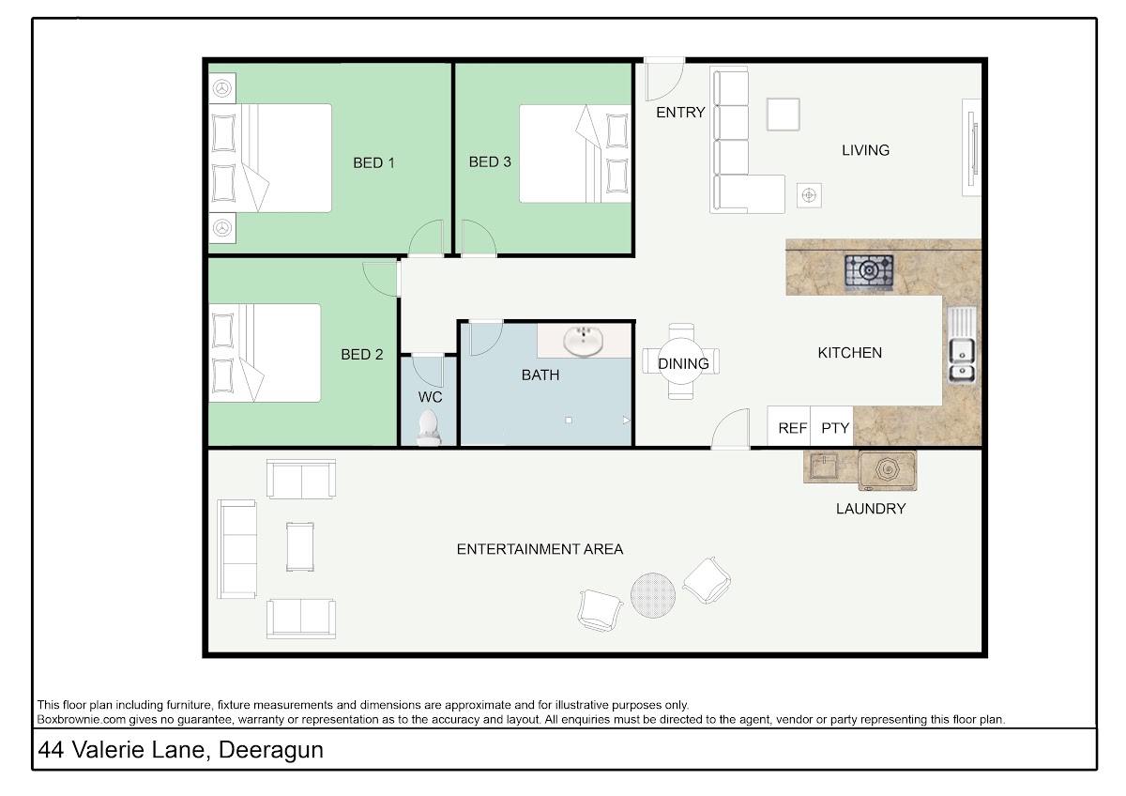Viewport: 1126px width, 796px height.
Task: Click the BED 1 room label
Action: pyautogui.click(x=373, y=163)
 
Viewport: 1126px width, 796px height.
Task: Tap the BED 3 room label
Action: pyautogui.click(x=490, y=161)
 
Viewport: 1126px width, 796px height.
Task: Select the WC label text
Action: pyautogui.click(x=430, y=397)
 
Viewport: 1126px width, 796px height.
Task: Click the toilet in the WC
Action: pyautogui.click(x=428, y=427)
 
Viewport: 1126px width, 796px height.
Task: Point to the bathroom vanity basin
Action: pyautogui.click(x=583, y=341)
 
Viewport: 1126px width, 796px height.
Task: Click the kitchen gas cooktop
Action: pyautogui.click(x=869, y=272)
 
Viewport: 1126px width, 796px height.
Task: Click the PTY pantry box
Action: pyautogui.click(x=832, y=427)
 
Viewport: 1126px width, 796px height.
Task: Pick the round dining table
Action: pyautogui.click(x=681, y=361)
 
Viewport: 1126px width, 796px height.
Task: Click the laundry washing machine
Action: pyautogui.click(x=888, y=470)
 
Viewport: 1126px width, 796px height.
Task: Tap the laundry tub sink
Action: pyautogui.click(x=824, y=467)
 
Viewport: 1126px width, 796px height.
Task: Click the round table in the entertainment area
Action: pyautogui.click(x=653, y=595)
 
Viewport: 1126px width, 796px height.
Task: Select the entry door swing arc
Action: pyautogui.click(x=674, y=88)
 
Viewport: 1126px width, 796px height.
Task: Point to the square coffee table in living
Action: pyautogui.click(x=784, y=115)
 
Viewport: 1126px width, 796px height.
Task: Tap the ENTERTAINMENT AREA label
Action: pyautogui.click(x=540, y=549)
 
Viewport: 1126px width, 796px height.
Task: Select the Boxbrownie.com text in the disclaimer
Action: pyautogui.click(x=82, y=720)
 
